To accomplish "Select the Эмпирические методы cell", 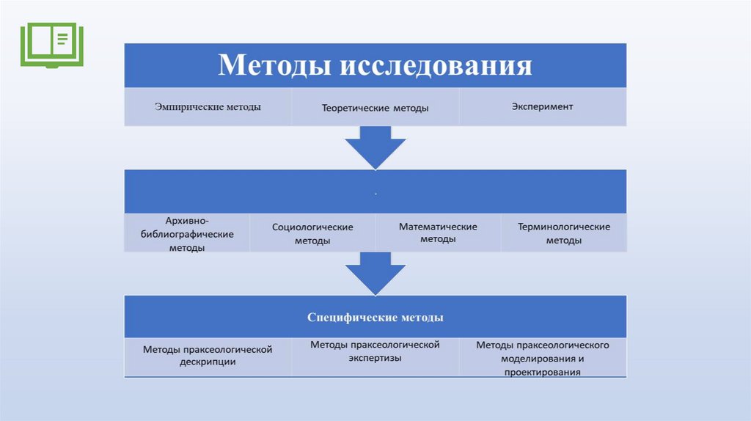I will pos(208,106).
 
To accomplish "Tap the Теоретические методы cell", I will pos(375,108).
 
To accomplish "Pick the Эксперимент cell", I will pos(543,106).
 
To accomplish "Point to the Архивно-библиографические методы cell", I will pos(187,233).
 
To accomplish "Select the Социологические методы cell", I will pos(312,233).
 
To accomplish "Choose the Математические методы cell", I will pos(438,233).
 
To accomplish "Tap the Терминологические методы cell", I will pos(564,233).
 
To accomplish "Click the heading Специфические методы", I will pos(375,318).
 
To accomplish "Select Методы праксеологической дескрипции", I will pos(208,356).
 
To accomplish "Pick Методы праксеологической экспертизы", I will pos(375,351).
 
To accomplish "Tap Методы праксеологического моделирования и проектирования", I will pos(543,358).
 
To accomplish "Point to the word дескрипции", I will pos(208,362).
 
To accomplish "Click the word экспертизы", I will pos(375,358).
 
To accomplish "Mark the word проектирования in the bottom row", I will pos(543,372).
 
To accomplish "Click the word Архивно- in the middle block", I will pos(187,219).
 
